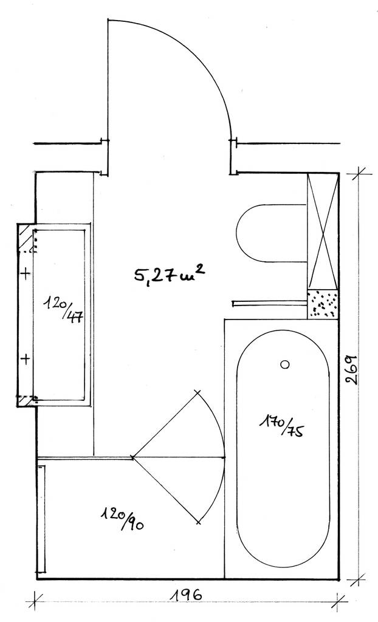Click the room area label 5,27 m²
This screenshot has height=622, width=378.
170,274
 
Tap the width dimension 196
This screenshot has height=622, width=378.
186,596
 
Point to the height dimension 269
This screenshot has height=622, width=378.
352,369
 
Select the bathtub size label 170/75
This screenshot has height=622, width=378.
283,425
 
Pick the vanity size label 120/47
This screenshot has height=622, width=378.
64,309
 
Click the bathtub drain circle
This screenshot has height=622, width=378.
284,364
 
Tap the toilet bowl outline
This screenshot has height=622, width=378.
236,233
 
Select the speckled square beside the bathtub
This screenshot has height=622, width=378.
323,304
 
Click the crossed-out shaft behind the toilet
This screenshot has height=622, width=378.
323,231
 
